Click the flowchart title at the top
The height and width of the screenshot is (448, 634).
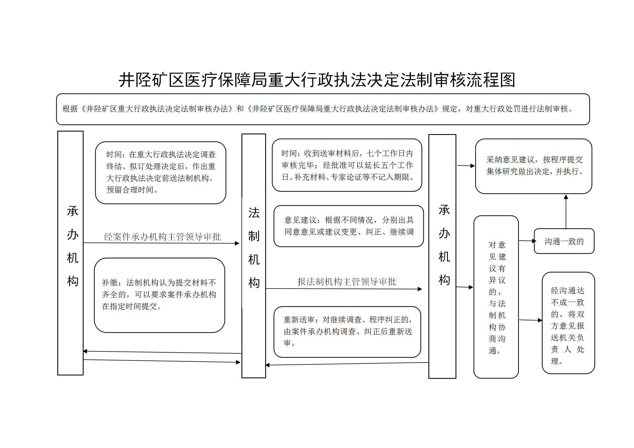click(317, 80)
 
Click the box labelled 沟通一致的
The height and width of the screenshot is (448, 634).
click(564, 241)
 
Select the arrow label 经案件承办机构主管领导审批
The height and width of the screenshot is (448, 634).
click(162, 237)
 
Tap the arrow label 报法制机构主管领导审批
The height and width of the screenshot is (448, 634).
click(347, 281)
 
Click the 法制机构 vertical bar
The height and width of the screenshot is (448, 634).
click(254, 256)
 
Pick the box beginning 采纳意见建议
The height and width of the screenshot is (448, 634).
click(533, 166)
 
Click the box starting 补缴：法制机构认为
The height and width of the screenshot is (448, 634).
click(160, 295)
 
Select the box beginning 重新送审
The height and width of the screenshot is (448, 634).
click(347, 332)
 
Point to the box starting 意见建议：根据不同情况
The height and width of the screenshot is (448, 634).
click(348, 226)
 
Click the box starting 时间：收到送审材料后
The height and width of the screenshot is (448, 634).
click(347, 165)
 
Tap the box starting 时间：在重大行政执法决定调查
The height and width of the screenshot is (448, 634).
click(161, 172)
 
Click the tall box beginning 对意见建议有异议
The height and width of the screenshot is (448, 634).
click(496, 297)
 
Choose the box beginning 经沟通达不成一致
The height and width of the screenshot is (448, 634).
click(568, 323)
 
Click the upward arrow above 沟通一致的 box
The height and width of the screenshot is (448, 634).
click(566, 212)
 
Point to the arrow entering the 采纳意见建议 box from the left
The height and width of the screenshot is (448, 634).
click(466, 166)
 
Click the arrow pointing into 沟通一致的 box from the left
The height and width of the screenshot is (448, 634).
click(528, 241)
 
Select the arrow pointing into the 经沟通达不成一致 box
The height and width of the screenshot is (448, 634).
click(531, 320)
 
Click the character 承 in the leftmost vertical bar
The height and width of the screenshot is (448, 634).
click(73, 211)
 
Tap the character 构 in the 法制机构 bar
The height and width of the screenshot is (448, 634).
click(254, 283)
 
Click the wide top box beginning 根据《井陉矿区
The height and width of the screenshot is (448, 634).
click(323, 109)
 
